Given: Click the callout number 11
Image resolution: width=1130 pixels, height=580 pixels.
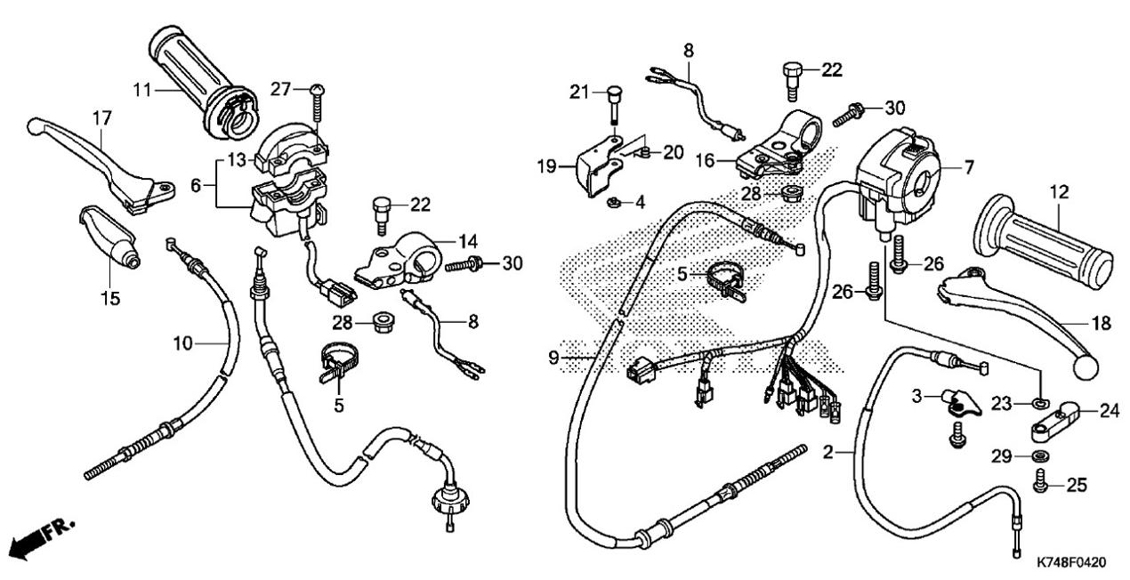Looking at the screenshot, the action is [x=142, y=90].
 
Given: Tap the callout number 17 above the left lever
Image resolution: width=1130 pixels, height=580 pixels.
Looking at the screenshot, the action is [x=101, y=118].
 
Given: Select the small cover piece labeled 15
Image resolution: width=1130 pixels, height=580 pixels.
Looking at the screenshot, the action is [x=109, y=235].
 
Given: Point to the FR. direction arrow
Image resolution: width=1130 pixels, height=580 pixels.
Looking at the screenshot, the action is [x=43, y=538].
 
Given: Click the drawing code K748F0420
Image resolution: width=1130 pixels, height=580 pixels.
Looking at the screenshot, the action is [x=1071, y=562].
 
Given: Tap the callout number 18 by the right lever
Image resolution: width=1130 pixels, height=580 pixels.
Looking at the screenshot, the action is [x=1101, y=323].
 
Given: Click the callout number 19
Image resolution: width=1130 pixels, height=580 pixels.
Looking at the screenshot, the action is [x=547, y=166].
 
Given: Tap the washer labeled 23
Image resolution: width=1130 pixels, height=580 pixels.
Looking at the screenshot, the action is [x=1039, y=402].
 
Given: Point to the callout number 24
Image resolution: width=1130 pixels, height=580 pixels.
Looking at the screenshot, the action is [x=1110, y=411].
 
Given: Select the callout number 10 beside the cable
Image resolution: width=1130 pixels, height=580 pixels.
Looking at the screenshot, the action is [x=183, y=343].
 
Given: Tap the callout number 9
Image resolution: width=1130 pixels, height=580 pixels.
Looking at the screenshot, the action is [x=554, y=358].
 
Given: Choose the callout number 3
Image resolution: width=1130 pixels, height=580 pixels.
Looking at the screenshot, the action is [x=916, y=396].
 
